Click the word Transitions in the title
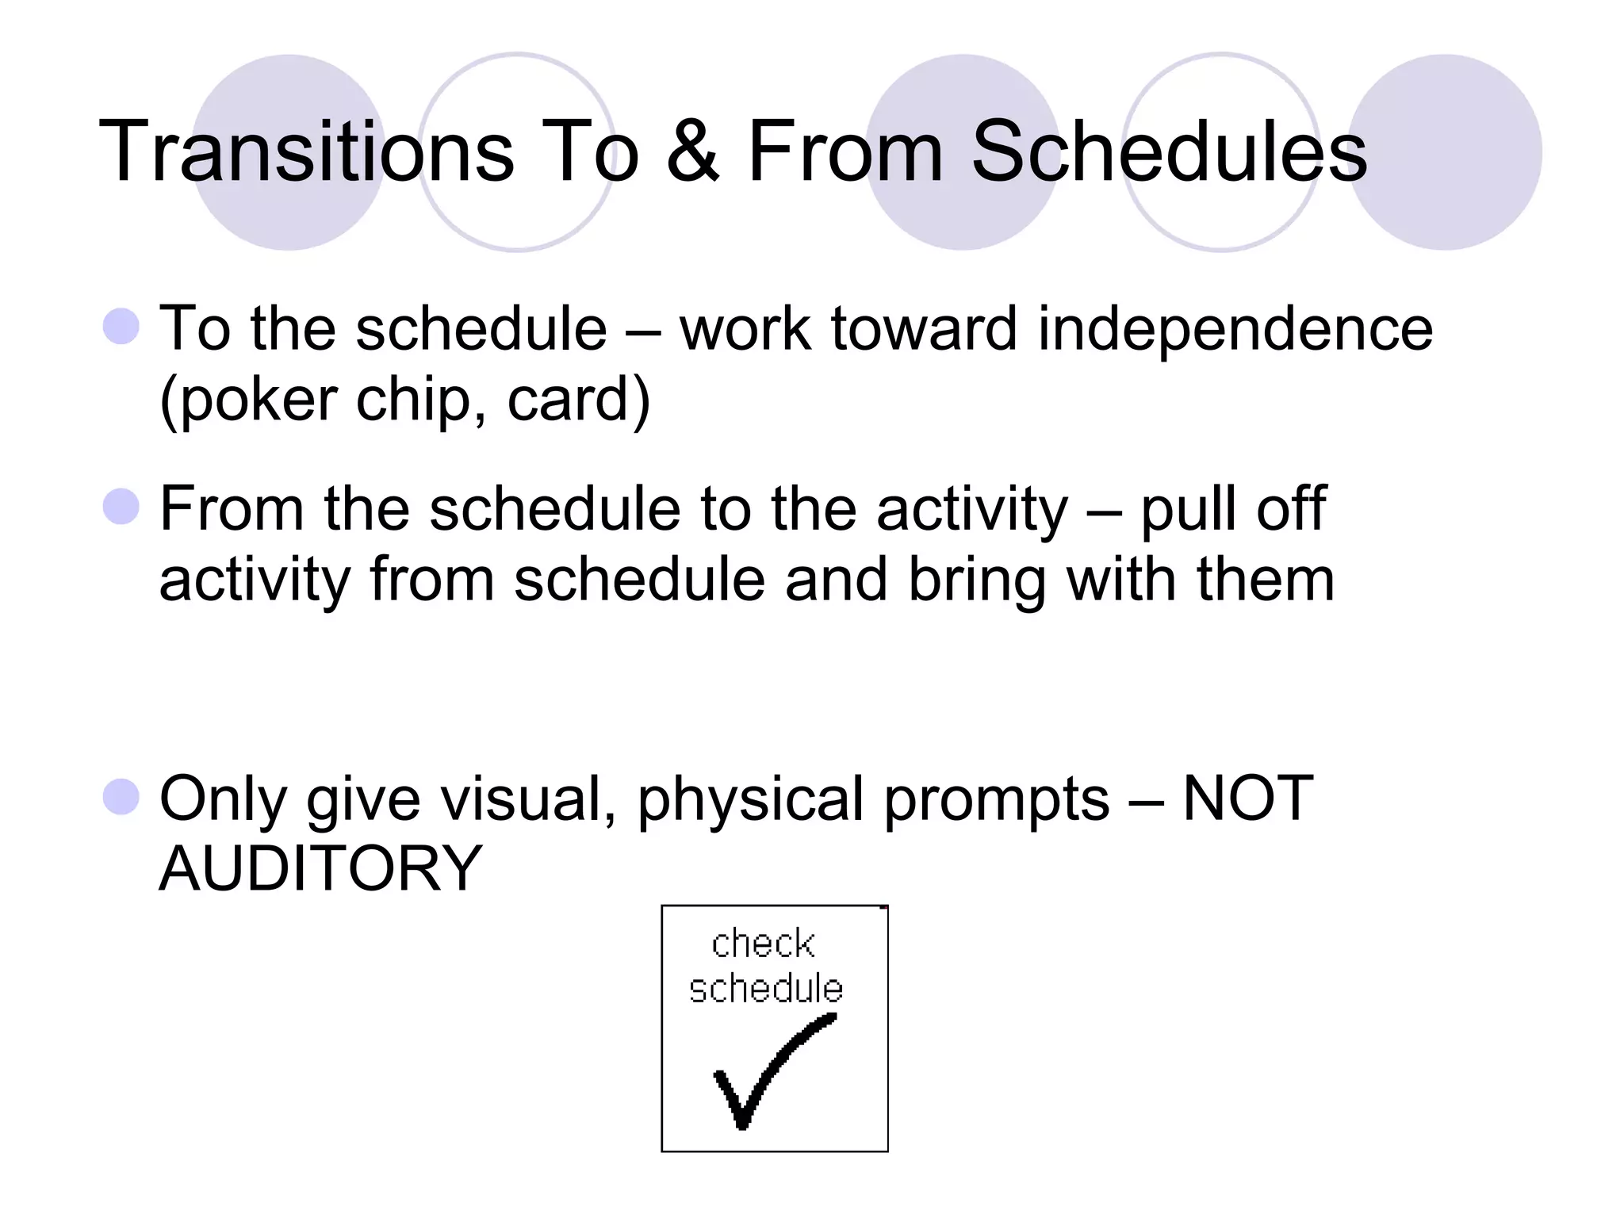coord(306,152)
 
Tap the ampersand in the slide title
coord(692,152)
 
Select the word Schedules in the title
coord(1169,152)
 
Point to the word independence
coord(1235,329)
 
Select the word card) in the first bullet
coord(578,400)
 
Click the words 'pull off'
coord(1233,509)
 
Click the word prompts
coord(996,799)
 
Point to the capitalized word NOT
coord(1247,798)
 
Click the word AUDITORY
coord(320,869)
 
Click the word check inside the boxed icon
coord(763,944)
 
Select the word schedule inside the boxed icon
coord(765,989)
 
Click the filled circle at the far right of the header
coord(1445,152)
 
